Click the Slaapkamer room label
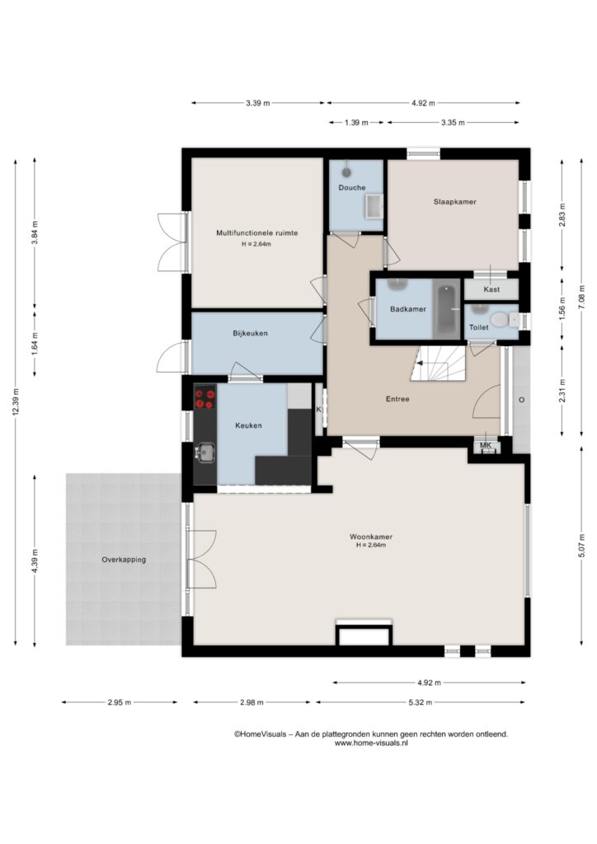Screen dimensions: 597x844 455,202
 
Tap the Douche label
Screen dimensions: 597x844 352,188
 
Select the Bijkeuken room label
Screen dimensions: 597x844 251,333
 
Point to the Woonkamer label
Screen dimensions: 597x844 371,537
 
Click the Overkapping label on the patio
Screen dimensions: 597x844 124,560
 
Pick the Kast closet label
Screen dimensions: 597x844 491,289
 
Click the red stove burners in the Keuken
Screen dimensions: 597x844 204,398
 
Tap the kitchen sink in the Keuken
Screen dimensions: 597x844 205,452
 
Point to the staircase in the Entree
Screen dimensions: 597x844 438,363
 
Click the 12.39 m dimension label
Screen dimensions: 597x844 16,401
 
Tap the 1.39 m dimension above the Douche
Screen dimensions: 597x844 356,123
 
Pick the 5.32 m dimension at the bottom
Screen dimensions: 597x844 420,702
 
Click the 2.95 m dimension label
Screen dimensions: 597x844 119,702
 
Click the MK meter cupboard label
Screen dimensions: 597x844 486,446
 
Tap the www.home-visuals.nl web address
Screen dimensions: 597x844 371,743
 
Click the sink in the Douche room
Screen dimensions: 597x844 374,207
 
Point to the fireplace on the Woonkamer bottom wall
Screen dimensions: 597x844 364,632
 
